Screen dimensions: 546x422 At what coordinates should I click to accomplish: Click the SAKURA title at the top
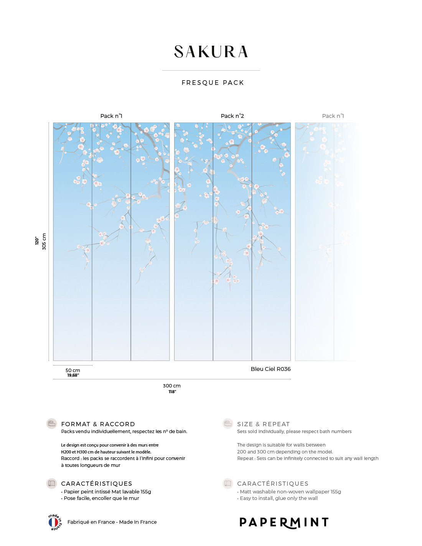pyautogui.click(x=211, y=52)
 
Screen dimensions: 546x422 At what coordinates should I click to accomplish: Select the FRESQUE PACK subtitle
pyautogui.click(x=213, y=83)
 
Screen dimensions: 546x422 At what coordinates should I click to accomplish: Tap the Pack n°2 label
pyautogui.click(x=232, y=116)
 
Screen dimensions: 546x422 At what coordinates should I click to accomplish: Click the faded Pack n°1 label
pyautogui.click(x=333, y=116)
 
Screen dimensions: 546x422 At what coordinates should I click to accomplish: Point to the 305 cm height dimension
pyautogui.click(x=44, y=241)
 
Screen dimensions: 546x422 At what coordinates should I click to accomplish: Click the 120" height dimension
pyautogui.click(x=37, y=241)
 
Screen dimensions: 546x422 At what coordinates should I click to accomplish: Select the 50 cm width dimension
pyautogui.click(x=73, y=371)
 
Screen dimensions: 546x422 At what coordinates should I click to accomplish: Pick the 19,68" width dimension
pyautogui.click(x=73, y=376)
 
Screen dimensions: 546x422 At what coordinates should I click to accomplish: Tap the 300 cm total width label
pyautogui.click(x=171, y=386)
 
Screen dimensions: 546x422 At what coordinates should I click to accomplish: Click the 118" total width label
pyautogui.click(x=172, y=392)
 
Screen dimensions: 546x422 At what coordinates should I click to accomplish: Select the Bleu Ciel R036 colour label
pyautogui.click(x=270, y=369)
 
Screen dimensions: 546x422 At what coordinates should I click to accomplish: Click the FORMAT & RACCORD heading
pyautogui.click(x=98, y=424)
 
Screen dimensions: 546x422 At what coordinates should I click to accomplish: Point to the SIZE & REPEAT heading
pyautogui.click(x=263, y=424)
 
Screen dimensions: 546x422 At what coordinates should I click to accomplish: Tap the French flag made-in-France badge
pyautogui.click(x=54, y=522)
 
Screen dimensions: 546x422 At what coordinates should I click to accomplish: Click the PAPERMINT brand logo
pyautogui.click(x=284, y=522)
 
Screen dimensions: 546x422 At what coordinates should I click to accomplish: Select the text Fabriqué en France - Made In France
pyautogui.click(x=112, y=522)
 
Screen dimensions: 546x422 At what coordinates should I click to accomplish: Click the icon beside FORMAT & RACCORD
pyautogui.click(x=51, y=424)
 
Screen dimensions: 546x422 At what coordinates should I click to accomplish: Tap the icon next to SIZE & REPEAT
pyautogui.click(x=228, y=424)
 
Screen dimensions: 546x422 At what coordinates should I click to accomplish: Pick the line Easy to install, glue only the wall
pyautogui.click(x=279, y=498)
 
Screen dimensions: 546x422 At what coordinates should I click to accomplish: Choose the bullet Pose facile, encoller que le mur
pyautogui.click(x=101, y=498)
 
